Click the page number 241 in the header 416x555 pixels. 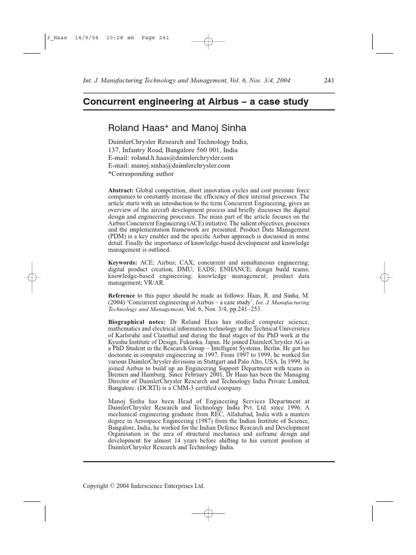click(329, 81)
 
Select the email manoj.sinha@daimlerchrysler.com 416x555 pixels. click(170, 166)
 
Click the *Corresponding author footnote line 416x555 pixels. click(141, 174)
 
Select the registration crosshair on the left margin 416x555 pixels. click(31, 277)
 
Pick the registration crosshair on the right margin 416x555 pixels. click(384, 277)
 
